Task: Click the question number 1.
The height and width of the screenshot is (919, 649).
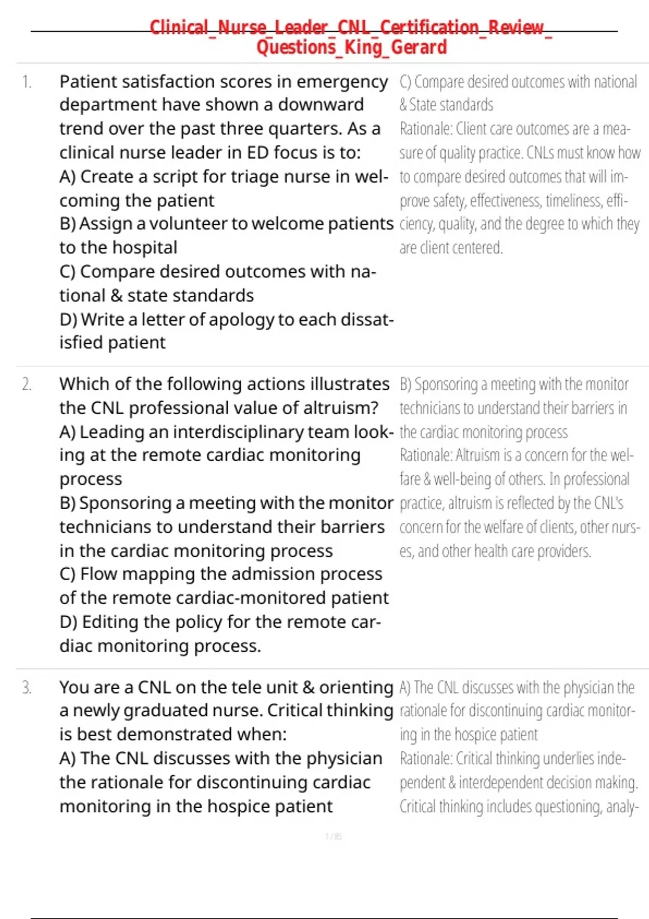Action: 27,82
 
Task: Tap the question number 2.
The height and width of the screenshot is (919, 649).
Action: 27,384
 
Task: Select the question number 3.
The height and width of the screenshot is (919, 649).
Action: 27,688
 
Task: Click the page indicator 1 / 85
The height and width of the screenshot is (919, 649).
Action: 333,836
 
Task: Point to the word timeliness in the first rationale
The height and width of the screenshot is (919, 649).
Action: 573,201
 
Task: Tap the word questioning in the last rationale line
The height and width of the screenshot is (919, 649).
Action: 559,807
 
